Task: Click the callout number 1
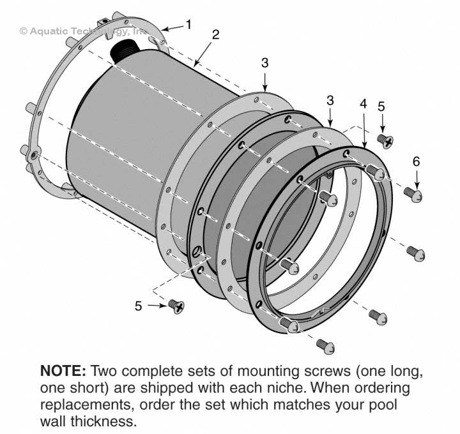(188, 24)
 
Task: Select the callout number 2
(215, 34)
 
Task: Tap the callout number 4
(363, 103)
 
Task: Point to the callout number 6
(416, 161)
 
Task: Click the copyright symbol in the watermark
(24, 30)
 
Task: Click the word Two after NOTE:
(106, 371)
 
